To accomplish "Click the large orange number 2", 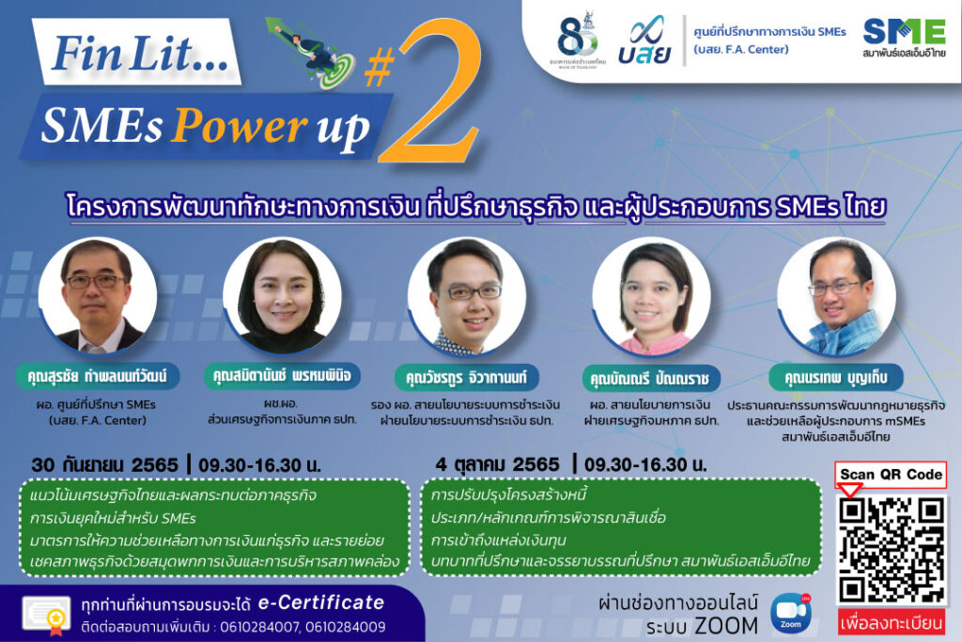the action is (429, 98).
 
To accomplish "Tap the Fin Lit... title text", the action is (140, 54).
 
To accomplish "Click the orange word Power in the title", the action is (240, 126).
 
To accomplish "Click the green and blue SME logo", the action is (904, 38).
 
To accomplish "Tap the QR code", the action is (892, 550).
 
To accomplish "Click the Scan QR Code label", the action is (891, 475).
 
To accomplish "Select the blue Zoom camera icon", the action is (791, 613).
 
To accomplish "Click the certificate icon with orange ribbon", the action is (47, 615).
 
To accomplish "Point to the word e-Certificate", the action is (321, 603).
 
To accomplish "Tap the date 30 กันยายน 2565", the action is (105, 464).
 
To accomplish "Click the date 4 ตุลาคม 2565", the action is (497, 464).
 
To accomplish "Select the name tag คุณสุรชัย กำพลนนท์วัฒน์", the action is (97, 376).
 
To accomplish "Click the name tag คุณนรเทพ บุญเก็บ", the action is (835, 377).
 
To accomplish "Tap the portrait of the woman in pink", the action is (652, 297).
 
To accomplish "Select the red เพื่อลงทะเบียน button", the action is (892, 622).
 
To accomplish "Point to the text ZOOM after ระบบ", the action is (726, 626).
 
